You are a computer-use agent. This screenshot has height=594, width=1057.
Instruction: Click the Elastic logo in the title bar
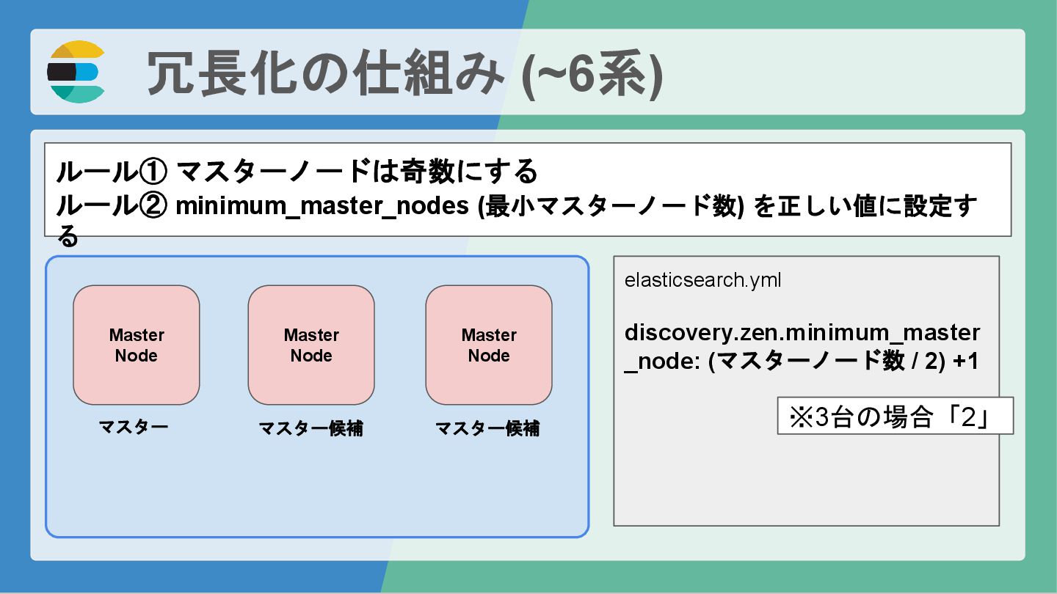[x=76, y=72]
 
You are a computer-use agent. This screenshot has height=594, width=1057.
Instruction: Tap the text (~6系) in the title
[x=592, y=73]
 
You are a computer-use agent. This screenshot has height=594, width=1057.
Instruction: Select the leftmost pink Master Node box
[x=137, y=345]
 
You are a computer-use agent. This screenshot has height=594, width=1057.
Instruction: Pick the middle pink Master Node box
[x=311, y=345]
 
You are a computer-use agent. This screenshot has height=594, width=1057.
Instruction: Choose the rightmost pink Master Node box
[x=489, y=345]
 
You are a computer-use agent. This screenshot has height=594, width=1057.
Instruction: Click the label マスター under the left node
[x=134, y=427]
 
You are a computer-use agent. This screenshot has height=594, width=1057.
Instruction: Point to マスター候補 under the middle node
[x=310, y=429]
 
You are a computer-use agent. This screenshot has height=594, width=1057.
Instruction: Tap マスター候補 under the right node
[x=487, y=429]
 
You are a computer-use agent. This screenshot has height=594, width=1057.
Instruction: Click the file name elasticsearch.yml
[x=702, y=280]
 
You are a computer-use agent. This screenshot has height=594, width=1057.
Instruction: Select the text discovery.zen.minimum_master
[x=802, y=333]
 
